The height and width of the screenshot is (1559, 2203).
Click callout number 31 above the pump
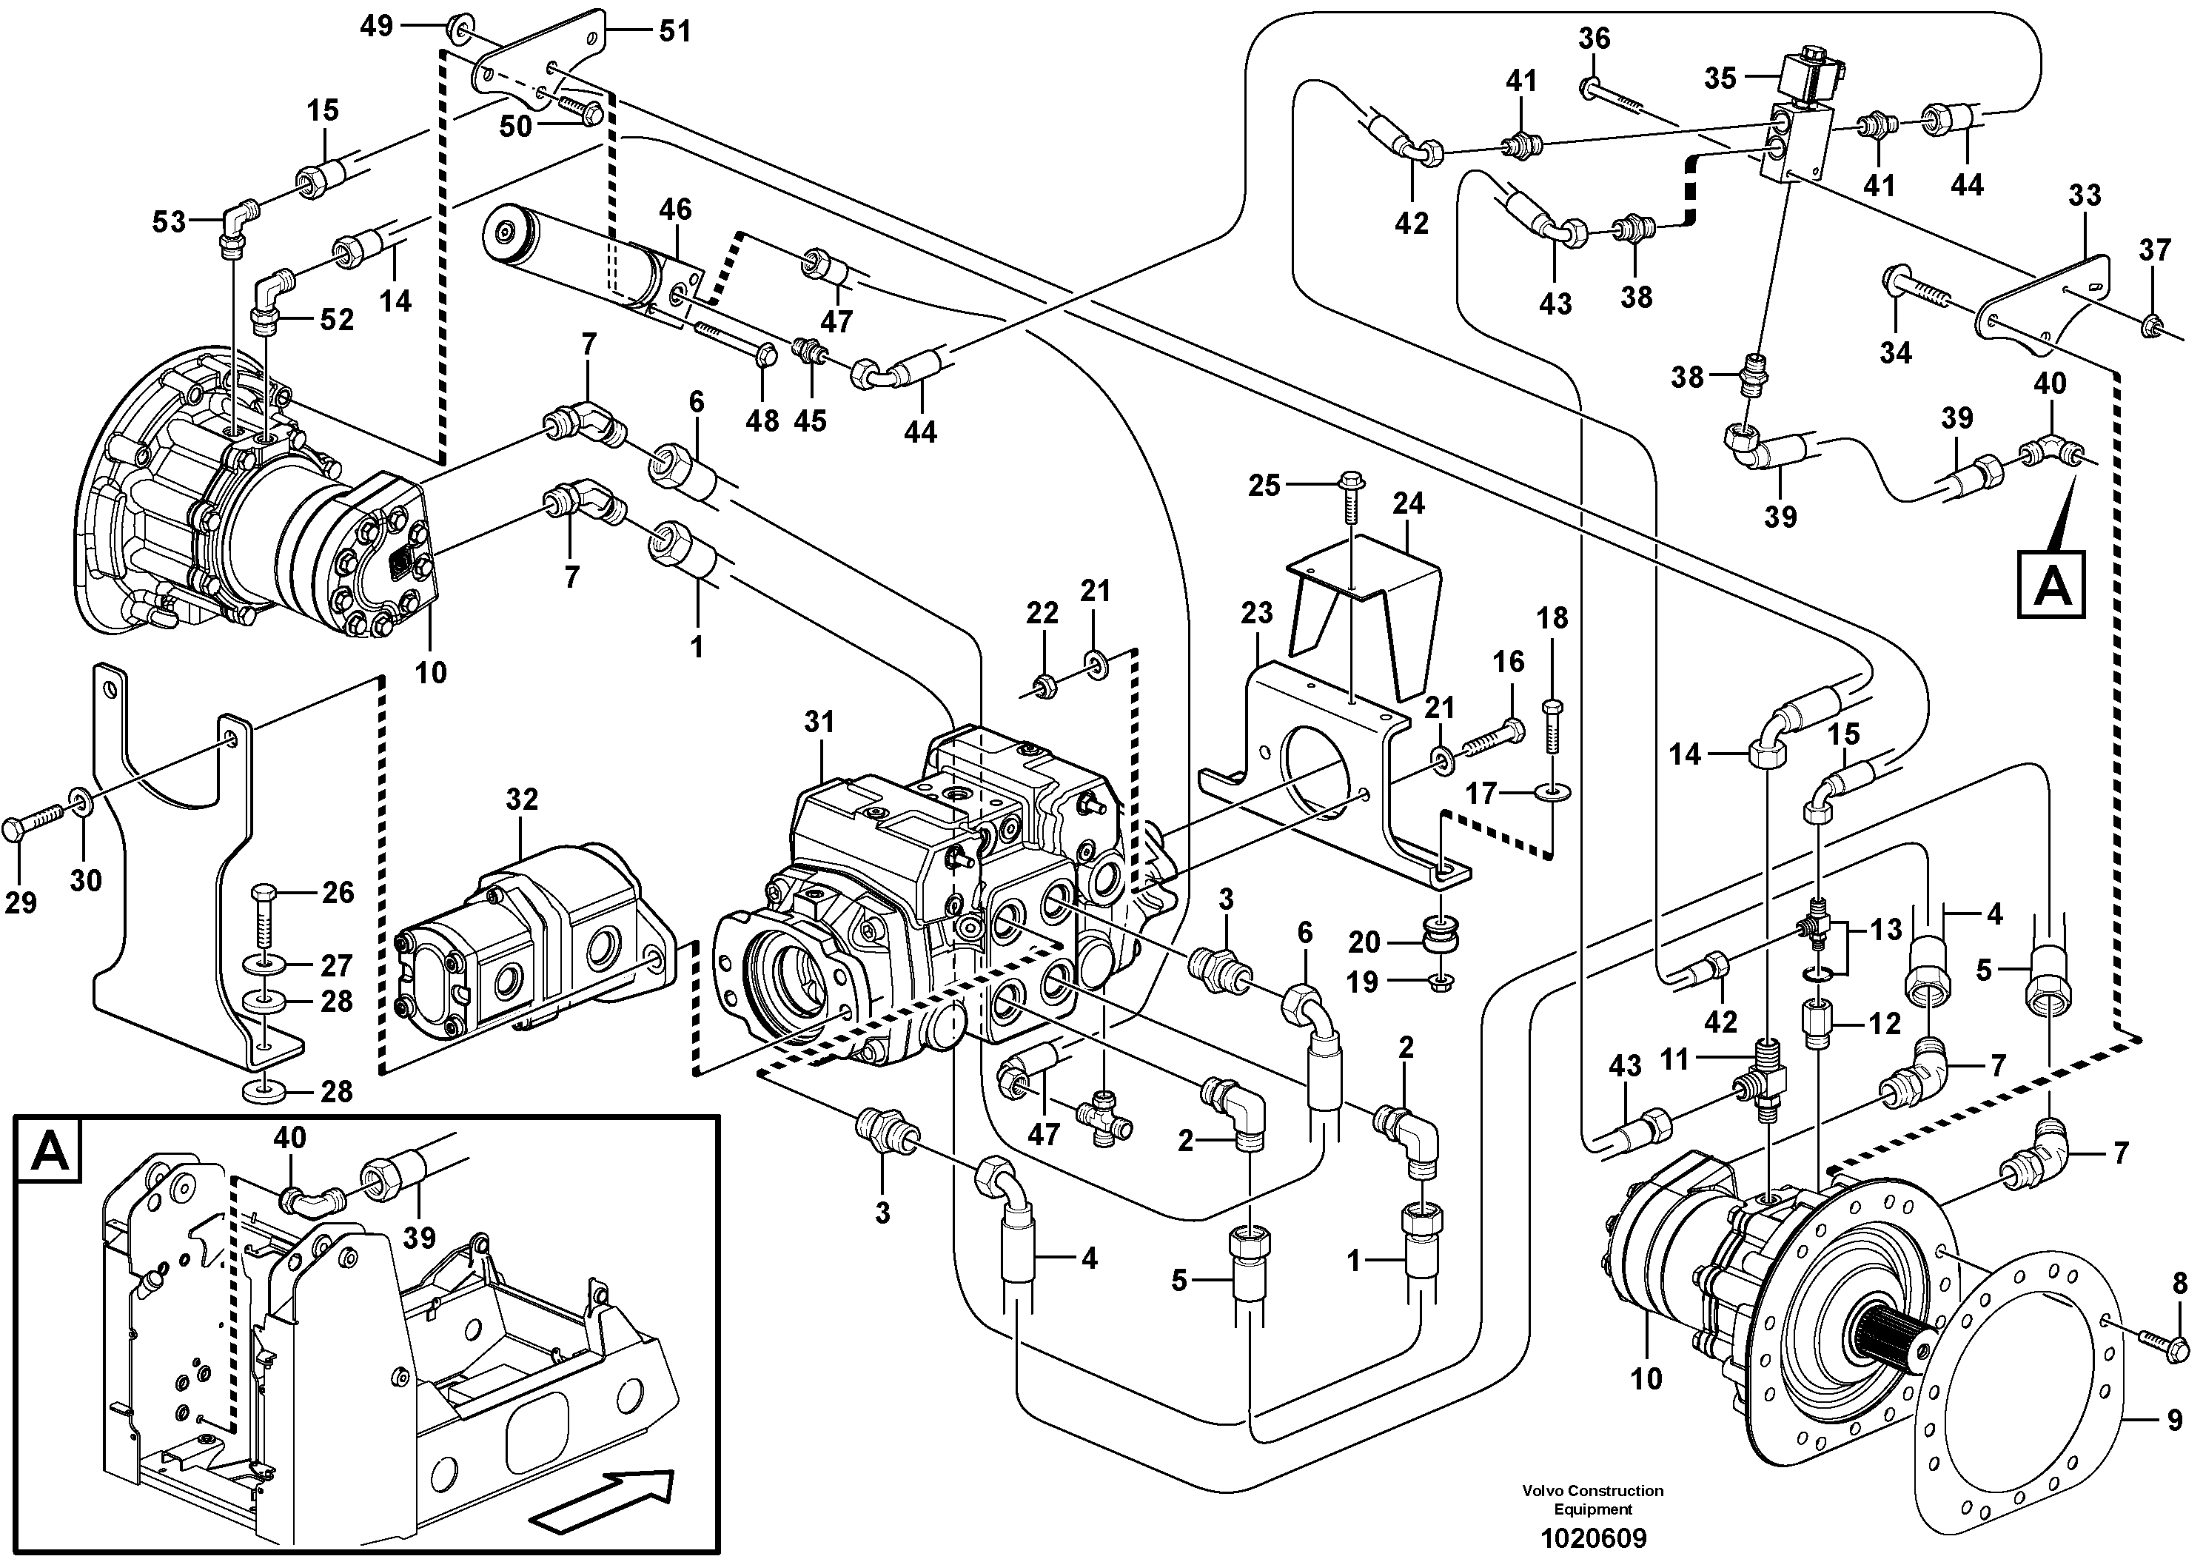click(819, 722)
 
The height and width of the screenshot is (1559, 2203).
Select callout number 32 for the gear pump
click(522, 799)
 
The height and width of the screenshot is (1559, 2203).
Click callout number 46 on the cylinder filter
click(675, 209)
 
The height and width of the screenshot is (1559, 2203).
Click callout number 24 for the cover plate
click(1408, 503)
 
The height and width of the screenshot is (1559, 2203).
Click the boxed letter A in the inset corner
click(50, 1151)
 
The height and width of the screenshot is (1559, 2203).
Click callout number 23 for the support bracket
click(1256, 612)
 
